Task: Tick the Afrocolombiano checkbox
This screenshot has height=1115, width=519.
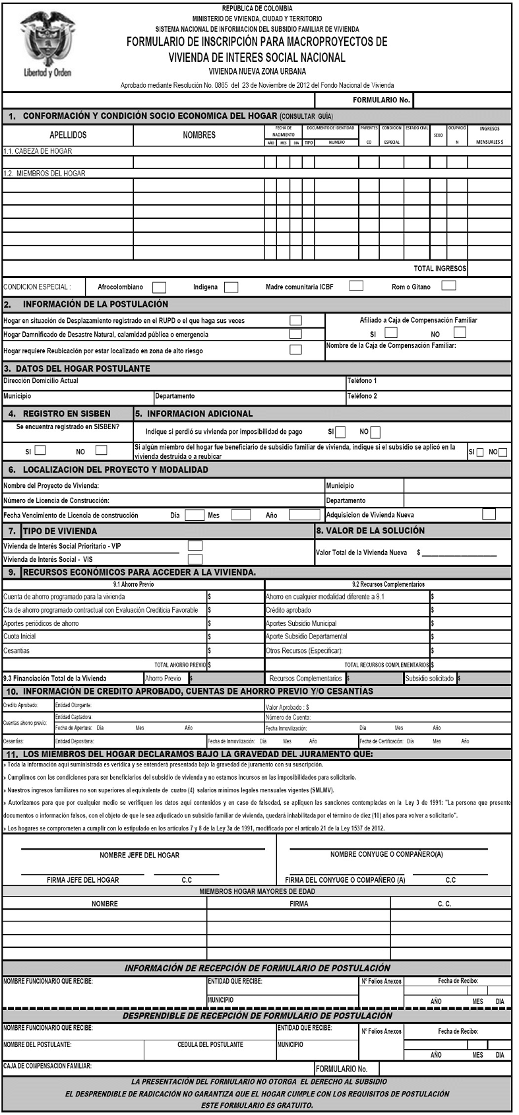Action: (x=159, y=287)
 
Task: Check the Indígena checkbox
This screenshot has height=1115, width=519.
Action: (x=231, y=287)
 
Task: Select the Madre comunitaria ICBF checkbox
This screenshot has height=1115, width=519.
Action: (x=356, y=286)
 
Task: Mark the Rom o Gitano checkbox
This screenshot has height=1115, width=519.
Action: (x=449, y=286)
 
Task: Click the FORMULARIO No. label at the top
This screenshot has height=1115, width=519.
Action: (x=381, y=100)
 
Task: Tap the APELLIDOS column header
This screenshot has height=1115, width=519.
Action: (x=68, y=135)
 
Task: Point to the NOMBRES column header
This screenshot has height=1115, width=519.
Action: (x=199, y=135)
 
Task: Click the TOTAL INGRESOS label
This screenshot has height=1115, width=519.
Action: (x=440, y=269)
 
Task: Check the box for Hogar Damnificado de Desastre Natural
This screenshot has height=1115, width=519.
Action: (x=295, y=334)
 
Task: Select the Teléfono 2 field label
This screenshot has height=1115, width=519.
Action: (x=362, y=396)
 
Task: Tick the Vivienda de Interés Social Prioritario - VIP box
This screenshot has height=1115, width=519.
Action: (x=195, y=545)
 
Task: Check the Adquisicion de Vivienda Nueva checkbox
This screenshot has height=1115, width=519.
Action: (x=489, y=514)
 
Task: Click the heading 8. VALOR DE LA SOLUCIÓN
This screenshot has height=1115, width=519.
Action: (x=370, y=530)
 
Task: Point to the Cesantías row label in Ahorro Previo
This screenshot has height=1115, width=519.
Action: (x=16, y=650)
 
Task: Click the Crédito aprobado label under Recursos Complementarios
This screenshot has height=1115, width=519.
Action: (x=288, y=610)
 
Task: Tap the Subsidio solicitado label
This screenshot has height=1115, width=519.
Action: (x=429, y=678)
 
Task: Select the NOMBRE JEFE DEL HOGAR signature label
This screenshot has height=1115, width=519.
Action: (x=139, y=855)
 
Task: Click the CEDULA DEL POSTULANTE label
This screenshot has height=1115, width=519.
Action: (x=210, y=1044)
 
